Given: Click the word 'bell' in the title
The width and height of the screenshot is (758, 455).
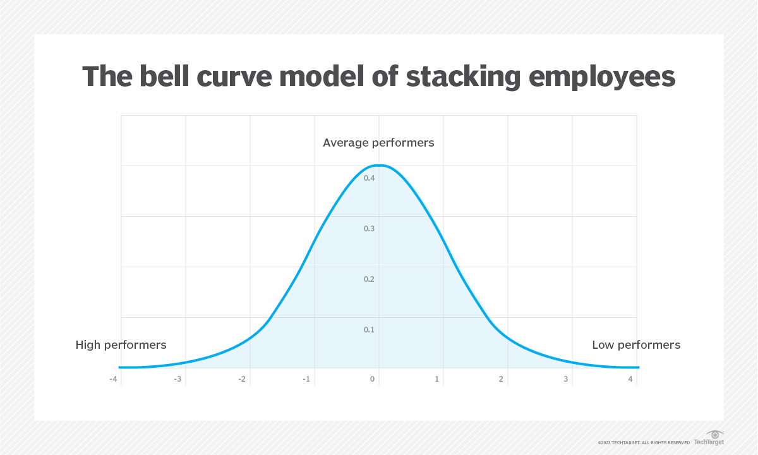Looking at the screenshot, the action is click(164, 76).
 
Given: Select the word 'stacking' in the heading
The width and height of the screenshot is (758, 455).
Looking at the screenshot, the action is click(463, 78).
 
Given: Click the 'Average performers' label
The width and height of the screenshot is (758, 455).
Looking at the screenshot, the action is click(378, 143).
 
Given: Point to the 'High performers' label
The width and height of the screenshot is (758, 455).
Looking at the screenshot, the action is click(121, 345).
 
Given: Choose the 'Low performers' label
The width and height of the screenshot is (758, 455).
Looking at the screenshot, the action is click(636, 345).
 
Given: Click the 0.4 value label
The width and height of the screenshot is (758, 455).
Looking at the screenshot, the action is click(369, 178).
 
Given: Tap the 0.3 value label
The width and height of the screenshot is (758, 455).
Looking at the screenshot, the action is click(369, 229).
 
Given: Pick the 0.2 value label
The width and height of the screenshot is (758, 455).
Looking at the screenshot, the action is click(369, 279).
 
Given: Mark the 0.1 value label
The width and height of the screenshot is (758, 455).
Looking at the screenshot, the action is click(369, 329).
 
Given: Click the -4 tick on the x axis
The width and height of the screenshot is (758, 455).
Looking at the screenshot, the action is click(113, 379).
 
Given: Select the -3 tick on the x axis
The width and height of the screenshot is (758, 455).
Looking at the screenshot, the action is click(177, 379).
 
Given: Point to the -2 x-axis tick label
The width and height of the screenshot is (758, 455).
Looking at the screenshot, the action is click(242, 379).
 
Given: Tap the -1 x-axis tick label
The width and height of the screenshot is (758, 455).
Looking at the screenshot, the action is click(306, 379).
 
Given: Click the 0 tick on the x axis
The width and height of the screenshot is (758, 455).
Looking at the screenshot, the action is click(372, 379).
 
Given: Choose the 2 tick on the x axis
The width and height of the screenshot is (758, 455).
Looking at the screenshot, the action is click(501, 379).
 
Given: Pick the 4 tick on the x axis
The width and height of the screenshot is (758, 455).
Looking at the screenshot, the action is click(630, 379).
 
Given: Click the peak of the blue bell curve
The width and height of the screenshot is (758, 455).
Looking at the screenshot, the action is click(380, 165).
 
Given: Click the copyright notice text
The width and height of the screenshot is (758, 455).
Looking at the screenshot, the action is click(644, 442).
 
